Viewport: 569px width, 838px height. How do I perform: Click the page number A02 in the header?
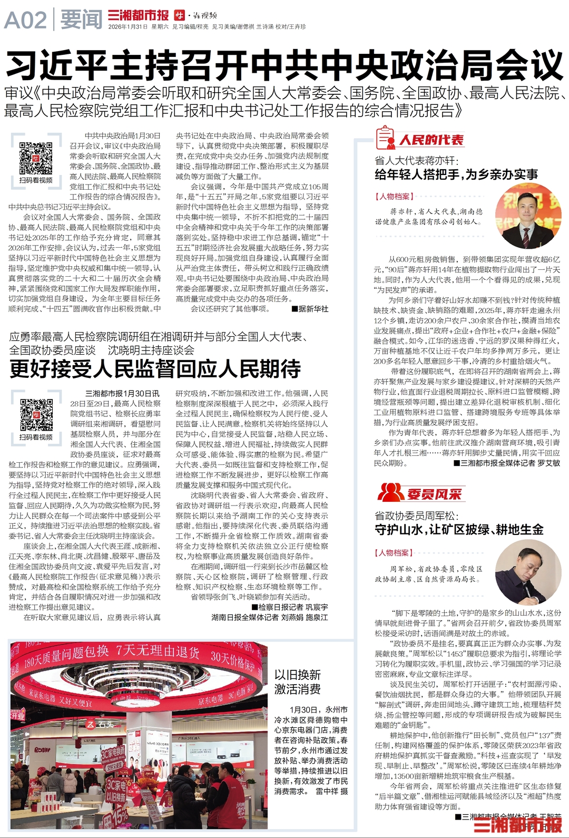click(25, 20)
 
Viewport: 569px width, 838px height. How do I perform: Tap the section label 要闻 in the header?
click(81, 20)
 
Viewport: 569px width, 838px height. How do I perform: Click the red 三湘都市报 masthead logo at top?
click(138, 16)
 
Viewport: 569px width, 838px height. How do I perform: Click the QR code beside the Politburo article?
click(36, 158)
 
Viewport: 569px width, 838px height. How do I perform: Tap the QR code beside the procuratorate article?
click(36, 415)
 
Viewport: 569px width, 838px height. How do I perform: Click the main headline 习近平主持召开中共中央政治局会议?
click(284, 65)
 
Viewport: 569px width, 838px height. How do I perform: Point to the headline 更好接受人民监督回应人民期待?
click(155, 369)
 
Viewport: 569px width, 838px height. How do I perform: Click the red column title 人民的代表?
click(431, 140)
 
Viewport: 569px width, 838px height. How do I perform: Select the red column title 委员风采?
click(434, 494)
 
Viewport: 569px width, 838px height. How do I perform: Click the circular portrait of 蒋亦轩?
click(528, 216)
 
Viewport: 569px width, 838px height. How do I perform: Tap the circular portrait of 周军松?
click(528, 572)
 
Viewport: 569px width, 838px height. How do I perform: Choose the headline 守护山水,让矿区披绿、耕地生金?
click(459, 530)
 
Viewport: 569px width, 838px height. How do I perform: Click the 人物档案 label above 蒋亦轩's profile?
click(394, 197)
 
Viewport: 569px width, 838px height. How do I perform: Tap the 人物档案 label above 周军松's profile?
click(394, 553)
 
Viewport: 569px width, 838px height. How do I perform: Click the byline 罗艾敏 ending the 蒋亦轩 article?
click(550, 463)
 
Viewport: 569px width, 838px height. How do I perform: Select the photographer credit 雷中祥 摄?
click(331, 791)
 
